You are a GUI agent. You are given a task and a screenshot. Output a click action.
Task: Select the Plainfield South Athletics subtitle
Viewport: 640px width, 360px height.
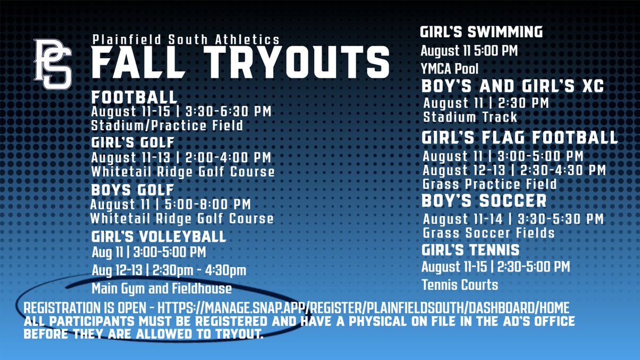tap(186, 39)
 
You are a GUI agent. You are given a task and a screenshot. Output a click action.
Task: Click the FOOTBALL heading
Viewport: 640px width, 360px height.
tap(134, 98)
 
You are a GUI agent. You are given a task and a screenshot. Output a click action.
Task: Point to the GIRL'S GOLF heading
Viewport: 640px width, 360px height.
tap(133, 143)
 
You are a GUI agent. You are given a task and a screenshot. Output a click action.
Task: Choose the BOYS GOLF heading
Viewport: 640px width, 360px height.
tap(133, 190)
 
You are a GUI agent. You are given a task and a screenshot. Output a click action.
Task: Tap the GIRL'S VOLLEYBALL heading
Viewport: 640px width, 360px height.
tap(159, 236)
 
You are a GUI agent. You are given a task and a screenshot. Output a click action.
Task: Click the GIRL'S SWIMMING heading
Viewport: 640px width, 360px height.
tap(482, 32)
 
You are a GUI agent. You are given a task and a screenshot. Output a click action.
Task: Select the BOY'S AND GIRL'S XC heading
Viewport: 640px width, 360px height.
tap(513, 86)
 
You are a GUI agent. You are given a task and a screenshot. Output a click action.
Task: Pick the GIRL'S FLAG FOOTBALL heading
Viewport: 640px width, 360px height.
tap(519, 138)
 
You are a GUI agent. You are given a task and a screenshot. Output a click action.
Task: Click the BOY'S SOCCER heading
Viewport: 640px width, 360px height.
tap(484, 201)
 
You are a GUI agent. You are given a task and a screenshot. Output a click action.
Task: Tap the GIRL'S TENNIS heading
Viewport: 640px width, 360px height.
tap(470, 250)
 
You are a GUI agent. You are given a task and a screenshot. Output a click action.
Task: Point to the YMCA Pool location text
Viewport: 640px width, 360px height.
tap(450, 69)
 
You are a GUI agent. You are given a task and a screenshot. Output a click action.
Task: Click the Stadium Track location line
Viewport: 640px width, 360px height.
tap(470, 117)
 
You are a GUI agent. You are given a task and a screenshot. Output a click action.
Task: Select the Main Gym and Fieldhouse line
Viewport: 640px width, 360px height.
tap(162, 289)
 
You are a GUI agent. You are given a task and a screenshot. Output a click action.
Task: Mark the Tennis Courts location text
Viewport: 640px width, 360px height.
tap(460, 285)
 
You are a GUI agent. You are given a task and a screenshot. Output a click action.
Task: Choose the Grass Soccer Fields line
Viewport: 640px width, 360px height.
tap(489, 233)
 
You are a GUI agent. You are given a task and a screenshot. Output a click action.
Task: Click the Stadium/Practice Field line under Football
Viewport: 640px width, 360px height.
tap(167, 126)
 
